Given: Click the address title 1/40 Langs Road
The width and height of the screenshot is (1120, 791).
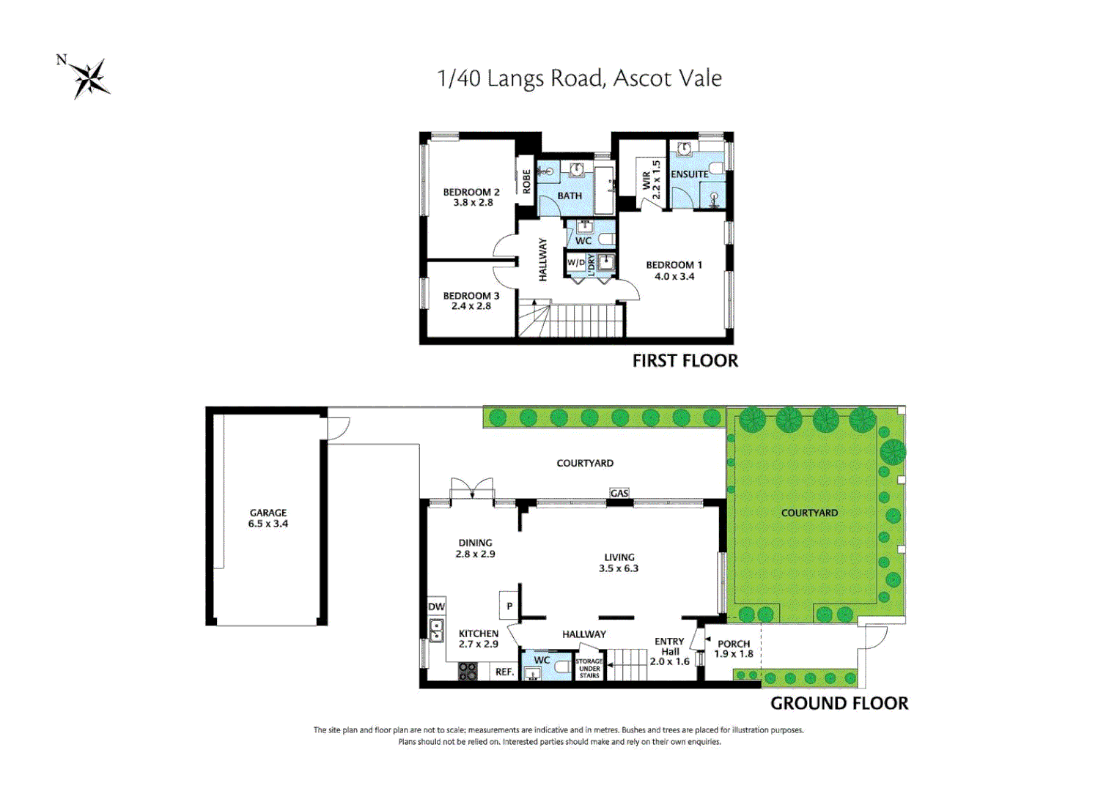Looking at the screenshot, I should point(579,78).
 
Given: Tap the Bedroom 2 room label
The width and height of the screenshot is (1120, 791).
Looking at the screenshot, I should point(471,197).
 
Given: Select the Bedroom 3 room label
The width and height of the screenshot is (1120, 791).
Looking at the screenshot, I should point(471,301).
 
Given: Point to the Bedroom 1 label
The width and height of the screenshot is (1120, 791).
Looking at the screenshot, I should point(674,270).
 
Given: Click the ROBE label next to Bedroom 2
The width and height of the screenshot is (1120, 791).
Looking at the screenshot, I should point(526,181).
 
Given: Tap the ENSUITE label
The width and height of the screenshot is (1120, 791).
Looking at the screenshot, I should point(689,174).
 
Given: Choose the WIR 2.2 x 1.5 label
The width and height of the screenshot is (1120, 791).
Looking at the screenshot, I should point(651,180).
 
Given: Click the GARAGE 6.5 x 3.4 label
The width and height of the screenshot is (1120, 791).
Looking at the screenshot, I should point(268,518).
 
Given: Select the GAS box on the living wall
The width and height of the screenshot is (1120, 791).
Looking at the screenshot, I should point(619,494).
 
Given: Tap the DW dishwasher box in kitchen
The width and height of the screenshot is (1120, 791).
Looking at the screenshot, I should point(436,606).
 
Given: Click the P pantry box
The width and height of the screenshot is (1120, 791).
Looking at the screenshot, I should point(509,606).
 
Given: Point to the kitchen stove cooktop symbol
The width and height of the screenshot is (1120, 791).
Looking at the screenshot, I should point(467,671).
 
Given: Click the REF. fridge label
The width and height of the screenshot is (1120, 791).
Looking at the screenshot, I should point(504,672).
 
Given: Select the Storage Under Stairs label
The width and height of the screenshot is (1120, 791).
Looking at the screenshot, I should point(589,668).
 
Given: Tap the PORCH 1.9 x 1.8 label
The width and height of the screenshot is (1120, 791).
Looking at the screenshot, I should point(734,649).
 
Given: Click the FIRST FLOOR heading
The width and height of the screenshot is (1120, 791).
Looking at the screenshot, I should point(685,360).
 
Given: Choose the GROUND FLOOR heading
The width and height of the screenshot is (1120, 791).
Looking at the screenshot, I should point(839,703).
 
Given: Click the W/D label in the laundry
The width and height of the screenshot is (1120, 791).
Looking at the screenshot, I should point(576,262).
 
